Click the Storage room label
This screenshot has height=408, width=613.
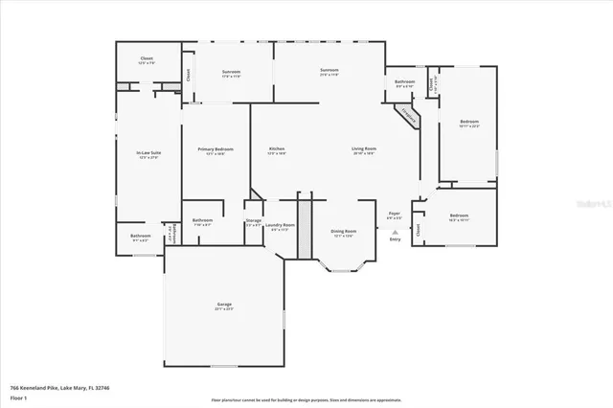pos(254,221)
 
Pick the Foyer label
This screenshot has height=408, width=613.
pos(394,215)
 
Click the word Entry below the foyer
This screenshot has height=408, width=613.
pos(395,239)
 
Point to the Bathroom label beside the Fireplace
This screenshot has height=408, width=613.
pos(404,83)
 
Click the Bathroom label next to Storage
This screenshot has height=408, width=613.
pos(202,221)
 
